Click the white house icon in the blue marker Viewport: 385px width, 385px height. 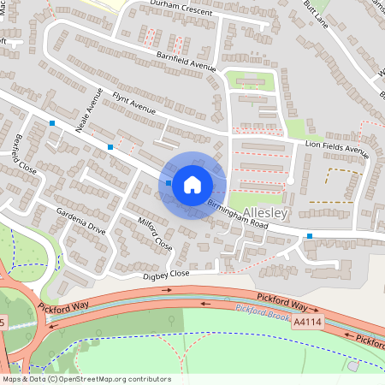(x=192, y=183)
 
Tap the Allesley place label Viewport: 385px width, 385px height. (x=268, y=211)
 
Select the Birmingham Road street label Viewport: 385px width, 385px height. (x=237, y=216)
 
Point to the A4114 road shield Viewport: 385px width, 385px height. (x=306, y=323)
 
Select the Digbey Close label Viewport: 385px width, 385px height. (x=166, y=275)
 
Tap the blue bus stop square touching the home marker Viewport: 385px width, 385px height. (x=169, y=183)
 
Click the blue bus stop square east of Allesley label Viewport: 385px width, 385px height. (x=310, y=236)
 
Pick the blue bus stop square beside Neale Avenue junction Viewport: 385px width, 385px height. (x=110, y=147)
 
